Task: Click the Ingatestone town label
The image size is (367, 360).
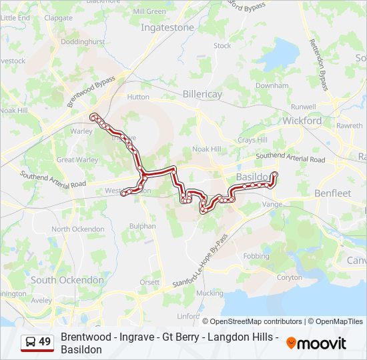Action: click(167, 28)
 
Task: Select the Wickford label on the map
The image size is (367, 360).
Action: click(302, 121)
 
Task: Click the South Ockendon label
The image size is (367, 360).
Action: click(67, 280)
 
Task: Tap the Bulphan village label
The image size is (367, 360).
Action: click(143, 226)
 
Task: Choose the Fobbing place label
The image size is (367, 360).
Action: click(257, 256)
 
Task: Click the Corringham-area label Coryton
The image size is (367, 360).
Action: click(289, 277)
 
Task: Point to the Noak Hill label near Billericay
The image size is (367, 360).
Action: click(206, 149)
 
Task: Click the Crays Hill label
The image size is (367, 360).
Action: click(252, 140)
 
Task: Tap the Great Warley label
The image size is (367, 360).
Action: click(77, 160)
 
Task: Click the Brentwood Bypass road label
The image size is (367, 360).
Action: click(91, 91)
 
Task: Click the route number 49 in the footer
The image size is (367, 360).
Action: click(45, 342)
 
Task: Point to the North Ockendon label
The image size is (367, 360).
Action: click(79, 229)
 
